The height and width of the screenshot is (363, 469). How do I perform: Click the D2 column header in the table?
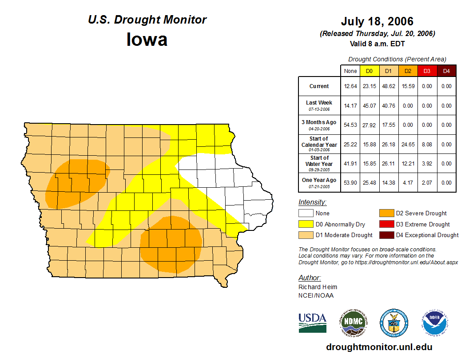tap(408, 71)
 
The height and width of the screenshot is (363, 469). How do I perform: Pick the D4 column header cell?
tap(446, 71)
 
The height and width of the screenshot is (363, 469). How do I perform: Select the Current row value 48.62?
tap(389, 86)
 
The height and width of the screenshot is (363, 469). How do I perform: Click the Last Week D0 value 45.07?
tap(370, 106)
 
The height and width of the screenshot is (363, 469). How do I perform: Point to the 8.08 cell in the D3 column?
tap(427, 145)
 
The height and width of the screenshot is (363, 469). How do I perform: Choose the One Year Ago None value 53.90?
tap(350, 182)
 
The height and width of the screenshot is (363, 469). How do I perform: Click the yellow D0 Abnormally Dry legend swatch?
tap(306, 224)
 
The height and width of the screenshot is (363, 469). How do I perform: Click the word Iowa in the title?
tap(147, 40)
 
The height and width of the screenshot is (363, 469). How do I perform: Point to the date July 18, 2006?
tap(377, 21)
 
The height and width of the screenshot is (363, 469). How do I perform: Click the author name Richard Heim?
tap(318, 287)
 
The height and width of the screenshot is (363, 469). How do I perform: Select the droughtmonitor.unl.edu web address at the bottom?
tap(379, 347)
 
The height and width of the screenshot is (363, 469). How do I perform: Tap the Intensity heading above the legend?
tap(312, 202)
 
